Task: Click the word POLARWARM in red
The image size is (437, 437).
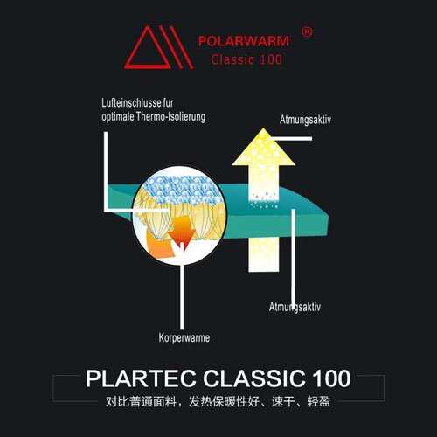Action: tap(244, 41)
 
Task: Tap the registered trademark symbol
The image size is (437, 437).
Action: tap(307, 31)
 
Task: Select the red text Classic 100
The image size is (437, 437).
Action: tap(246, 59)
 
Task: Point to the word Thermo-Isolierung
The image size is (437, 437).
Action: tap(170, 117)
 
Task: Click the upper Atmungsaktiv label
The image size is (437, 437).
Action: tap(305, 120)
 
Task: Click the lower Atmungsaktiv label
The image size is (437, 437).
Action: tap(295, 307)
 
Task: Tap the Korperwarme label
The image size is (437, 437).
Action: tap(184, 337)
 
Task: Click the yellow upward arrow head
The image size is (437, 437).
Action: tap(263, 148)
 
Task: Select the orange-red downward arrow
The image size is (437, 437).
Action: tap(182, 230)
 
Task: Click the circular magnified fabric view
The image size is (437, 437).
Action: tap(180, 216)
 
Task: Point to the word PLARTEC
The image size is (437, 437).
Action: tap(141, 378)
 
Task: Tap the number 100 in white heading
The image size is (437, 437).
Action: tap(331, 378)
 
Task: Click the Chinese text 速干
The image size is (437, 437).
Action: tap(283, 402)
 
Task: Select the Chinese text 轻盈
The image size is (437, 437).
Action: tap(319, 402)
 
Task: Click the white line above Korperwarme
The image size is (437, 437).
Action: tap(182, 296)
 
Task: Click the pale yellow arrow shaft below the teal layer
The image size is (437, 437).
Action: tap(263, 255)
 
